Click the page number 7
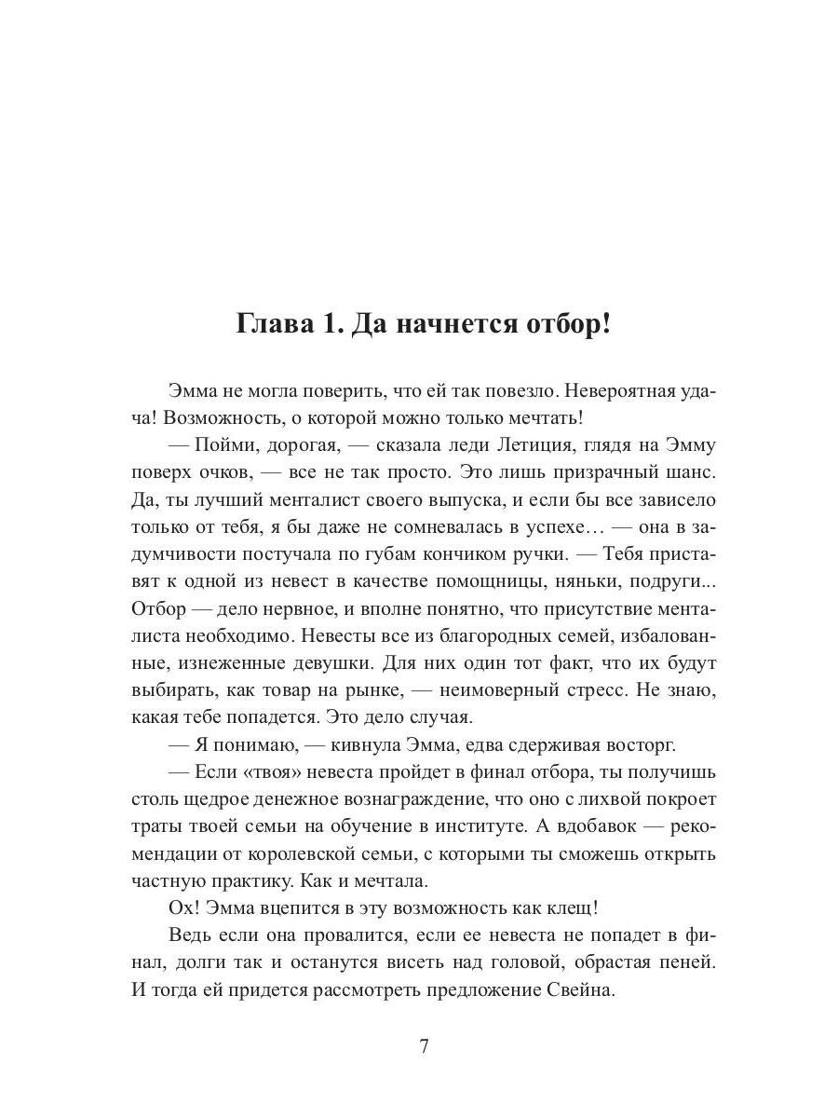pyautogui.click(x=424, y=1045)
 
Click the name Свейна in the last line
pyautogui.click(x=583, y=989)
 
